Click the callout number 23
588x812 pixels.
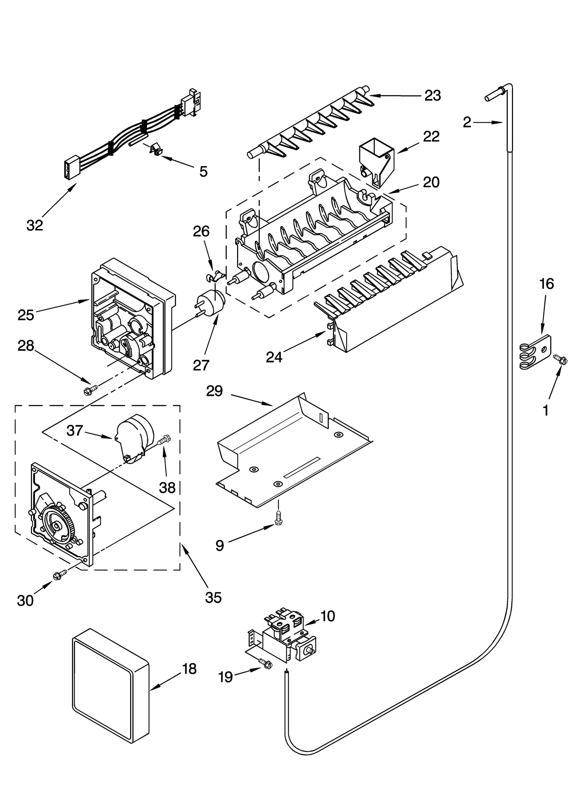(x=433, y=96)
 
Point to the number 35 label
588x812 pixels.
(x=213, y=597)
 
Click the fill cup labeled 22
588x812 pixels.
(x=376, y=160)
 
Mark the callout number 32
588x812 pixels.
(x=35, y=225)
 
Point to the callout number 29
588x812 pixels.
(x=214, y=391)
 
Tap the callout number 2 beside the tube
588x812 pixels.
(x=467, y=122)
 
